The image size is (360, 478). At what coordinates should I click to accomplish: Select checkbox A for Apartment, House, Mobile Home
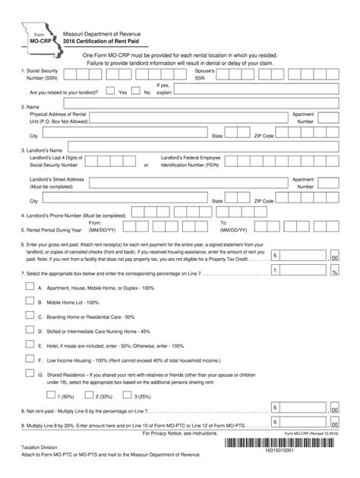[30, 288]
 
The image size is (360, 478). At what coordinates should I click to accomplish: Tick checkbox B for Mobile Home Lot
[30, 302]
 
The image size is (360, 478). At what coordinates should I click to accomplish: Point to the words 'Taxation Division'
[39, 449]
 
